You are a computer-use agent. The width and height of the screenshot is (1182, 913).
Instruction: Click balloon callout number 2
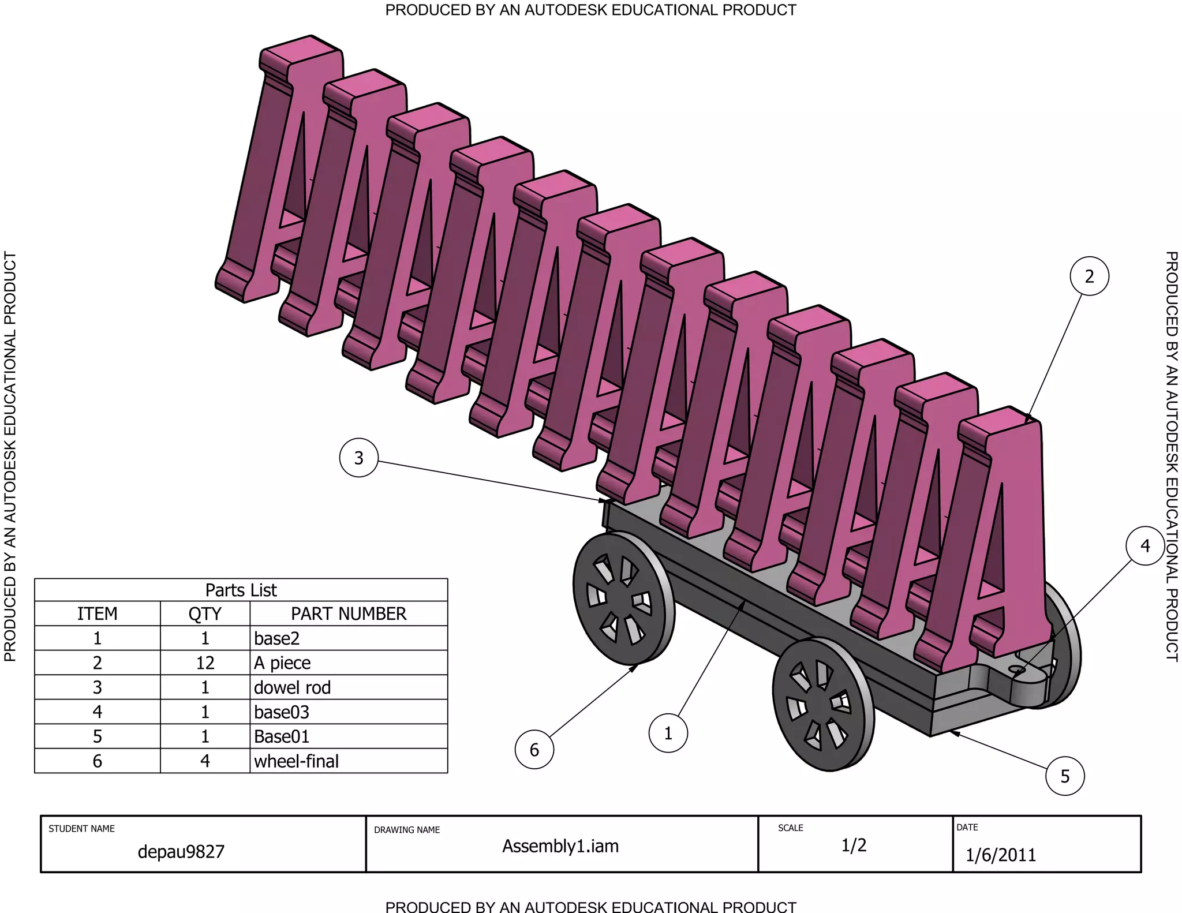[1089, 276]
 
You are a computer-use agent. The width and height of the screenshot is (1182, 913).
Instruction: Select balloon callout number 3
[358, 458]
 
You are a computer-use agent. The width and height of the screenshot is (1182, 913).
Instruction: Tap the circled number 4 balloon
[1145, 545]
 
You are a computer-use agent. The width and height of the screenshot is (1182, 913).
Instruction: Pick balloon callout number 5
[1065, 776]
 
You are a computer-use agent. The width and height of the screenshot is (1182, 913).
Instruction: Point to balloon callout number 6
[534, 750]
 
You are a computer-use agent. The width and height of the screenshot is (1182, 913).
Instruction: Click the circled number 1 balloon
[668, 734]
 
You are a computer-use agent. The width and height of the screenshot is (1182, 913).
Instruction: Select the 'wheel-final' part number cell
[349, 761]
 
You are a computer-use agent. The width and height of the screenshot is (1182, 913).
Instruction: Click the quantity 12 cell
[205, 663]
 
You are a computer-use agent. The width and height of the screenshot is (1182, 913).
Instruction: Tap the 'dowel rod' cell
[349, 687]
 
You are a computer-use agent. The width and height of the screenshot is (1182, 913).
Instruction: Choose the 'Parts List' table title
[241, 590]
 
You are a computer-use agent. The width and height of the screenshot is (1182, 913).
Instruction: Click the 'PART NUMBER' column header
[349, 613]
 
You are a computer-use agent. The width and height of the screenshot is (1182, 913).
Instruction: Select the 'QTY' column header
[205, 613]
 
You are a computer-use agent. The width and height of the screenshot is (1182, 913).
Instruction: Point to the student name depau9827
[181, 852]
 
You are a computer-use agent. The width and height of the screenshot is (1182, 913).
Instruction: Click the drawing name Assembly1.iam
[560, 846]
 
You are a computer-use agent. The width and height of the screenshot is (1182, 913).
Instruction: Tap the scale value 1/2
[854, 845]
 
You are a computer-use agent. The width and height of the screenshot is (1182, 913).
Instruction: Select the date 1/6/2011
[1001, 855]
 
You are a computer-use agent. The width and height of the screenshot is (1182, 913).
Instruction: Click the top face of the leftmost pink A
[301, 50]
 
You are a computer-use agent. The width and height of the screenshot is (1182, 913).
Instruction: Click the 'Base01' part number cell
[349, 736]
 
